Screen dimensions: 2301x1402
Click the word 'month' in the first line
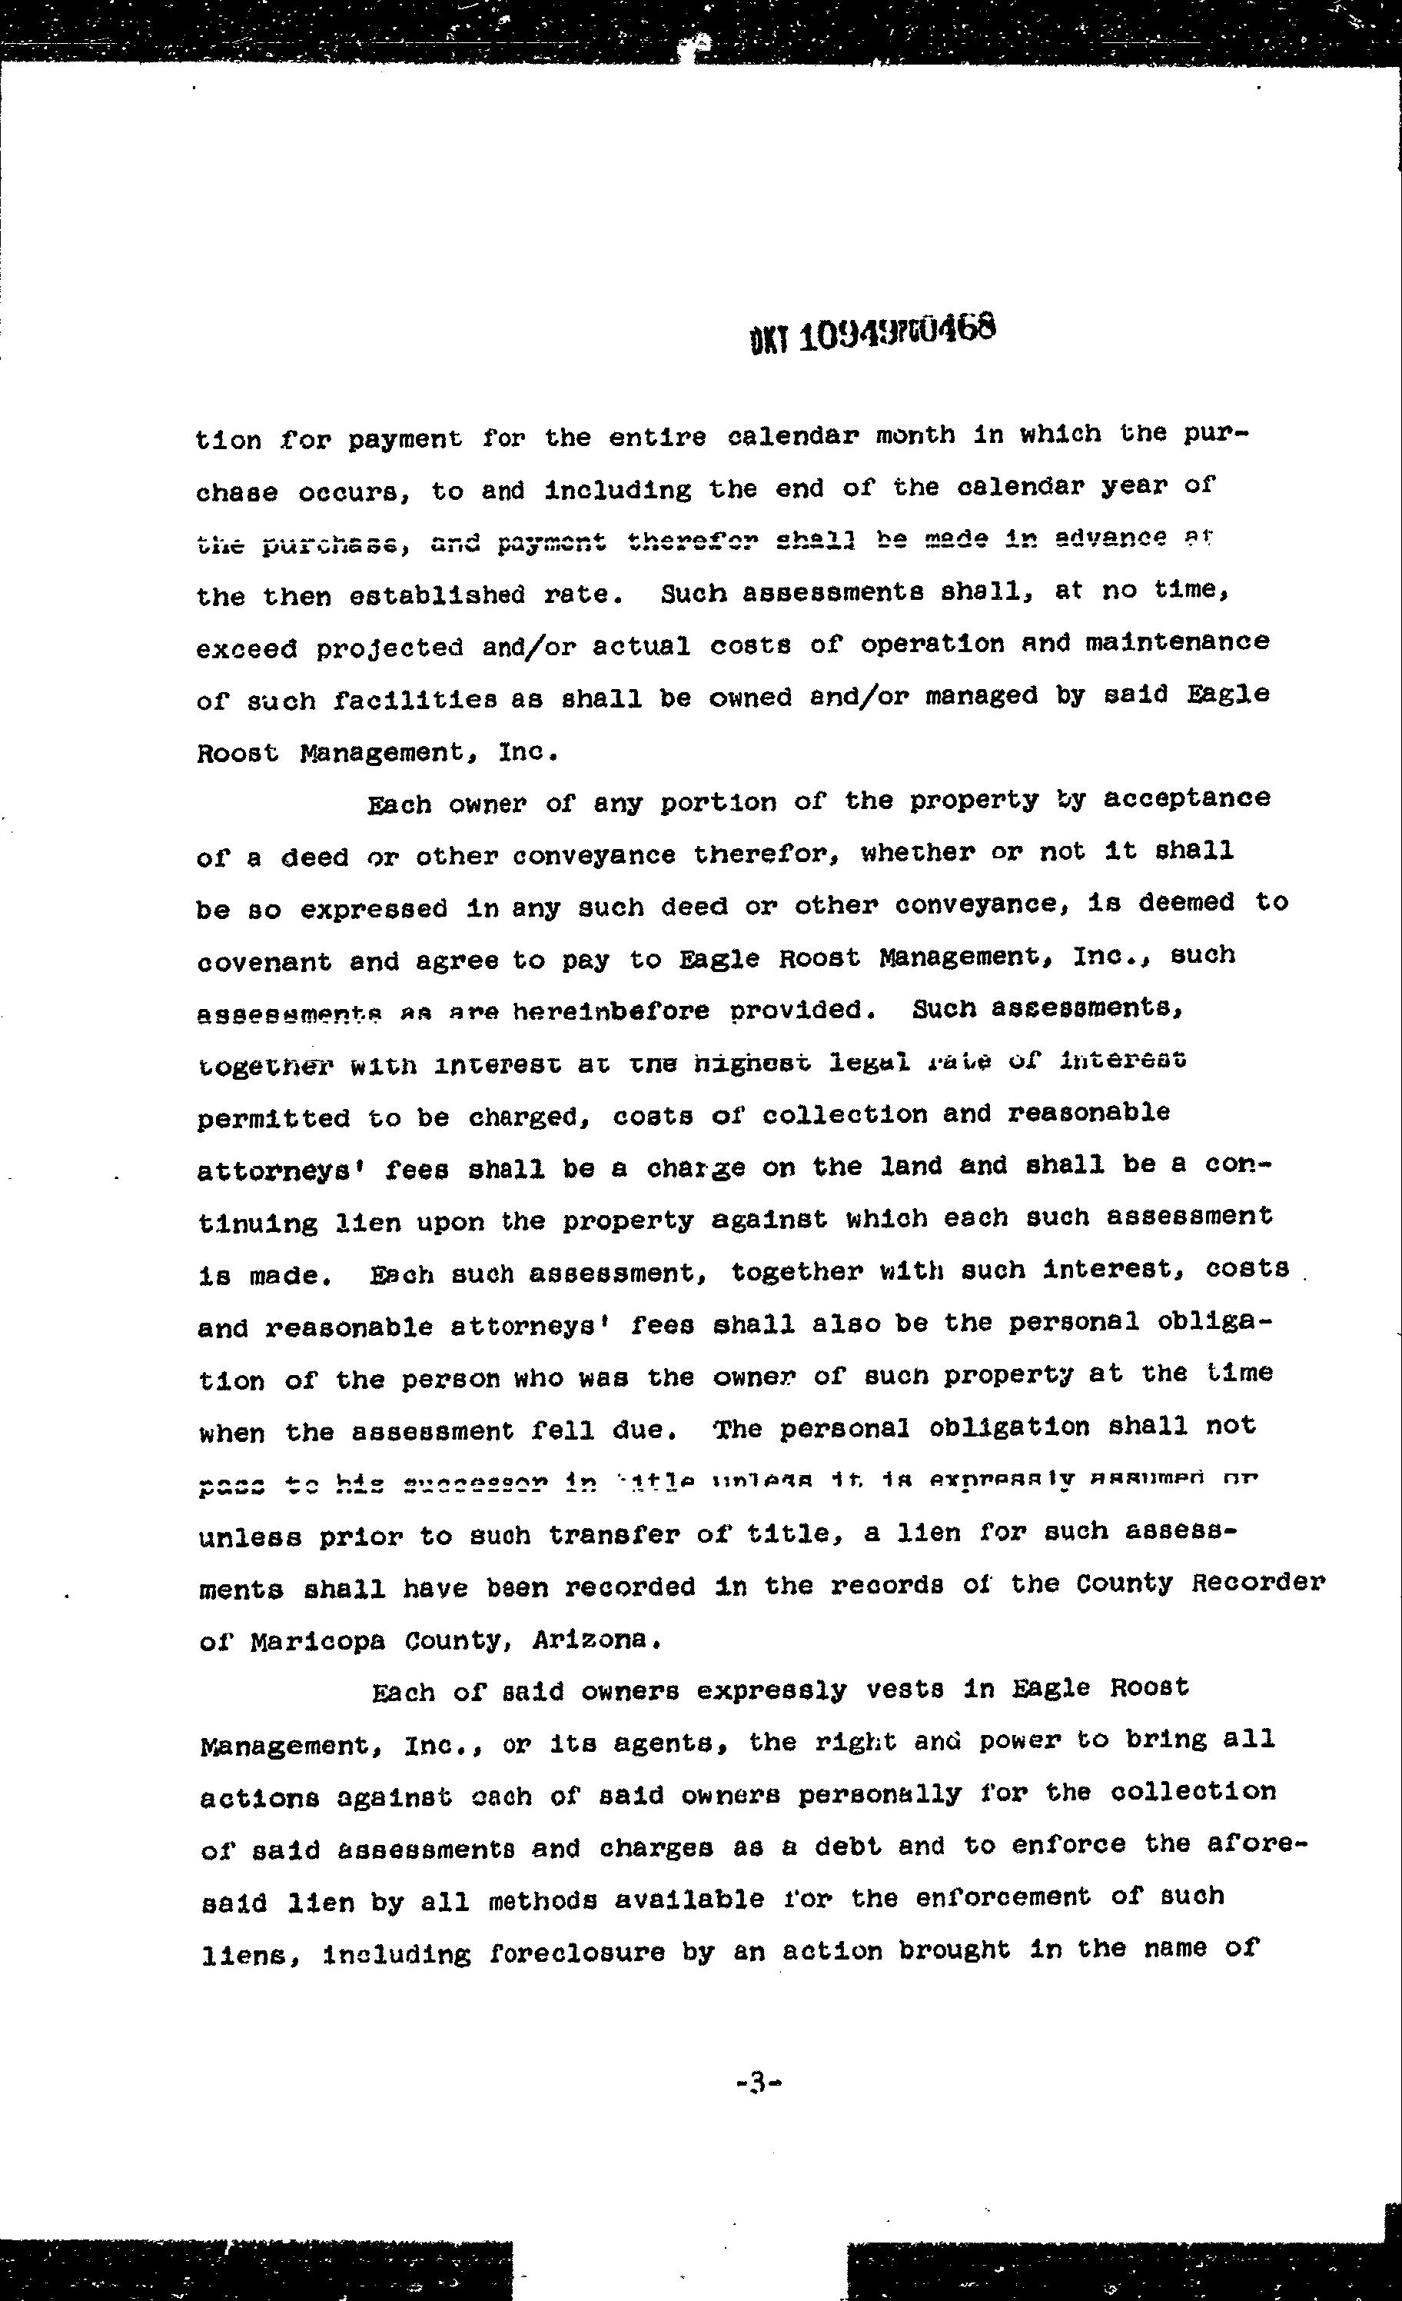915,435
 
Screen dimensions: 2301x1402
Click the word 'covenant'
264,962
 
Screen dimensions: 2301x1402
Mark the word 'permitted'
274,1118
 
